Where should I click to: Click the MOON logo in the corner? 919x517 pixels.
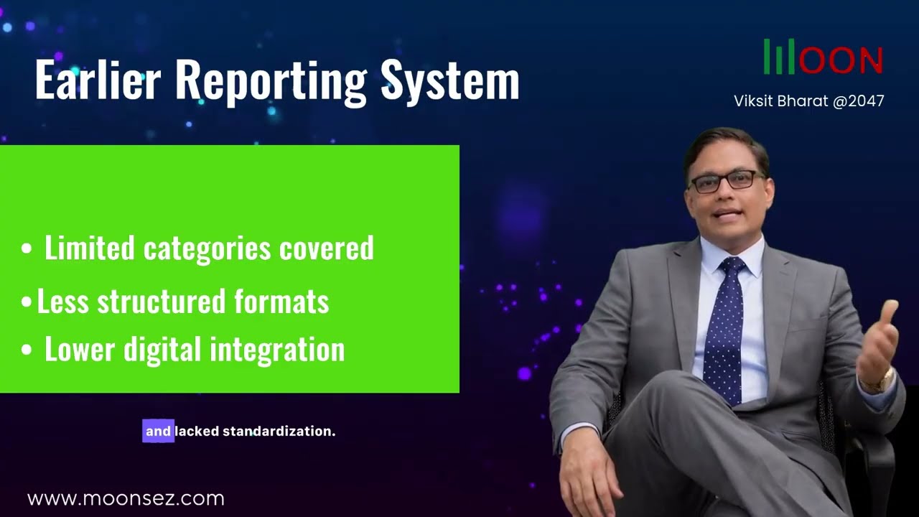tap(823, 57)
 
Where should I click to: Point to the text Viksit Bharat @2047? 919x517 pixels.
tap(808, 101)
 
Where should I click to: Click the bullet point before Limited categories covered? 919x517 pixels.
tap(27, 249)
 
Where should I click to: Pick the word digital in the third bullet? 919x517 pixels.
tap(163, 350)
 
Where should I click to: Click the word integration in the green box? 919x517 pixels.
tap(277, 350)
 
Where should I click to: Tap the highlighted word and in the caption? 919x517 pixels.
tap(158, 432)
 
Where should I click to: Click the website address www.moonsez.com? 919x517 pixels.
tap(126, 498)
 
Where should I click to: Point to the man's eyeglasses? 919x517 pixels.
tap(725, 180)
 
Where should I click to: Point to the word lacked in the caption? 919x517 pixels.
tap(197, 432)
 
